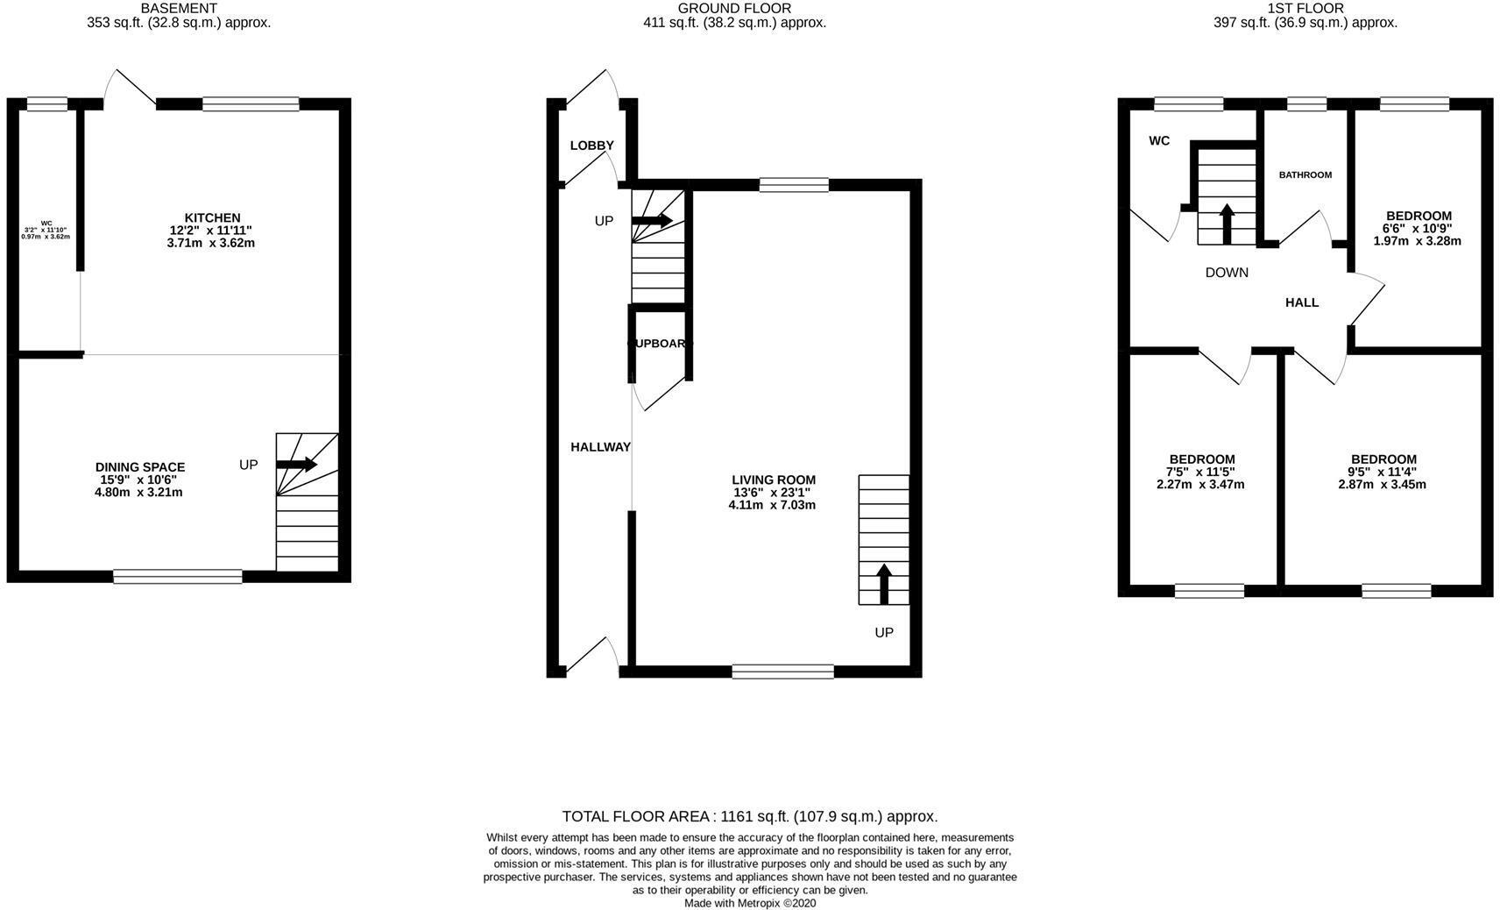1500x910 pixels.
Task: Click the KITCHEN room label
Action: click(x=211, y=218)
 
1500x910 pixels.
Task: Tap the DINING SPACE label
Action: click(x=140, y=467)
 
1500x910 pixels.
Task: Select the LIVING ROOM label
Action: click(x=774, y=480)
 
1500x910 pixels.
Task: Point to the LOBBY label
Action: click(x=592, y=146)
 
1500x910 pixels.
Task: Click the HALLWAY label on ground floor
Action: click(x=601, y=447)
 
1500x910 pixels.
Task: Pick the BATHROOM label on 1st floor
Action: click(x=1305, y=175)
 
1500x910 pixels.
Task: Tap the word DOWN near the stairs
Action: click(x=1227, y=273)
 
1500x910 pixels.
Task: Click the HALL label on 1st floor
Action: click(x=1302, y=302)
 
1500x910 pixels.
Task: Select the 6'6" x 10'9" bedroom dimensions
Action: click(x=1418, y=228)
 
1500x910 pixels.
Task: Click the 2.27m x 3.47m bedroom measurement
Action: click(x=1200, y=484)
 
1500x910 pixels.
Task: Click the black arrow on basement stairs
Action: click(x=298, y=464)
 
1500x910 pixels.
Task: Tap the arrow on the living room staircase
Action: click(x=883, y=584)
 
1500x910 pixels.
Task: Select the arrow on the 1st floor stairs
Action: click(x=1227, y=224)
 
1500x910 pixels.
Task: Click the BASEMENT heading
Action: click(x=179, y=8)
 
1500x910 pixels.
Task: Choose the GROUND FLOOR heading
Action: click(x=734, y=8)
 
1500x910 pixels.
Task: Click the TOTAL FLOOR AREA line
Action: click(x=749, y=816)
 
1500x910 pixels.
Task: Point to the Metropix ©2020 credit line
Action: click(x=749, y=903)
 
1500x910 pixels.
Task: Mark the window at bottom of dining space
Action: click(x=178, y=576)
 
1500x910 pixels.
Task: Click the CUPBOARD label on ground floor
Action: click(x=659, y=344)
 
